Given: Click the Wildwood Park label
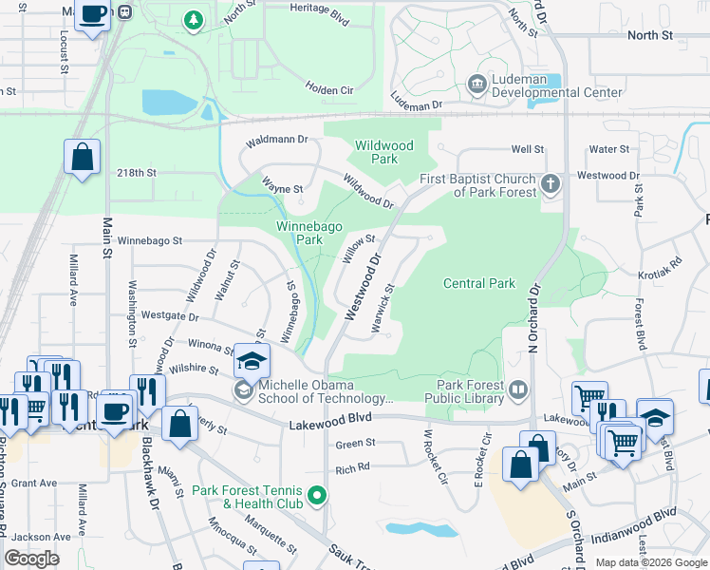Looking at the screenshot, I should click(x=383, y=152).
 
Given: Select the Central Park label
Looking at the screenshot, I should click(x=479, y=283).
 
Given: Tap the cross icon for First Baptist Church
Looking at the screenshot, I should click(x=549, y=183).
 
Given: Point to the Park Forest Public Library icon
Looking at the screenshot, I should click(x=518, y=389).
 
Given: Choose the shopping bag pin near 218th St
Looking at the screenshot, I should click(x=83, y=156).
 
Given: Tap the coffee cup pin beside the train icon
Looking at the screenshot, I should click(x=93, y=14).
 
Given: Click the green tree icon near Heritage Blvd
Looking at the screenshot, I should click(x=194, y=19).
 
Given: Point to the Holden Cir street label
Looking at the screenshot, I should click(x=329, y=88).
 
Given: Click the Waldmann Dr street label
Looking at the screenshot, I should click(x=278, y=139).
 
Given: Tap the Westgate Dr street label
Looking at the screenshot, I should click(x=170, y=315).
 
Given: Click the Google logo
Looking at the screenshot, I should click(x=32, y=559).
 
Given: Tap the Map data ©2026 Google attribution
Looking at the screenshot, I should click(x=651, y=562).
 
